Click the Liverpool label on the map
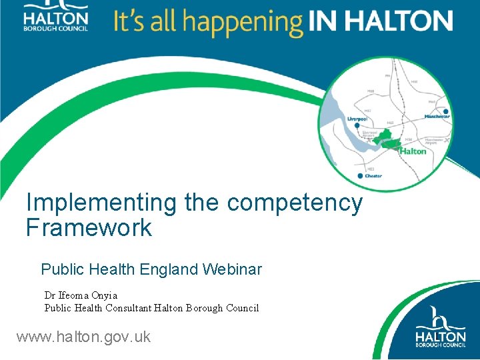pyautogui.click(x=357, y=118)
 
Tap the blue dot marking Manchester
pyautogui.click(x=445, y=111)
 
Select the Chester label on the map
pyautogui.click(x=373, y=176)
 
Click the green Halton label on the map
pyautogui.click(x=413, y=151)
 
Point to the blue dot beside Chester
pyautogui.click(x=360, y=176)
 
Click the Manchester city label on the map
pyautogui.click(x=437, y=117)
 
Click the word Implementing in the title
pyautogui.click(x=101, y=203)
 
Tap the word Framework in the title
pyautogui.click(x=89, y=228)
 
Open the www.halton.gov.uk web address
pyautogui.click(x=83, y=337)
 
